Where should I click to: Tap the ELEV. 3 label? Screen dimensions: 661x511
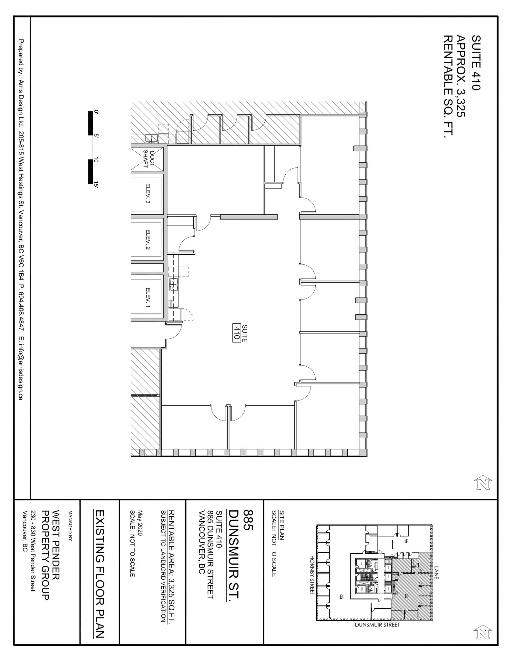[x=148, y=194]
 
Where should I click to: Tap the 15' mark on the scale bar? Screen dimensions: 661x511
[x=96, y=185]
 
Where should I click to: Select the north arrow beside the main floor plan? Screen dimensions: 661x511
[x=483, y=483]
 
